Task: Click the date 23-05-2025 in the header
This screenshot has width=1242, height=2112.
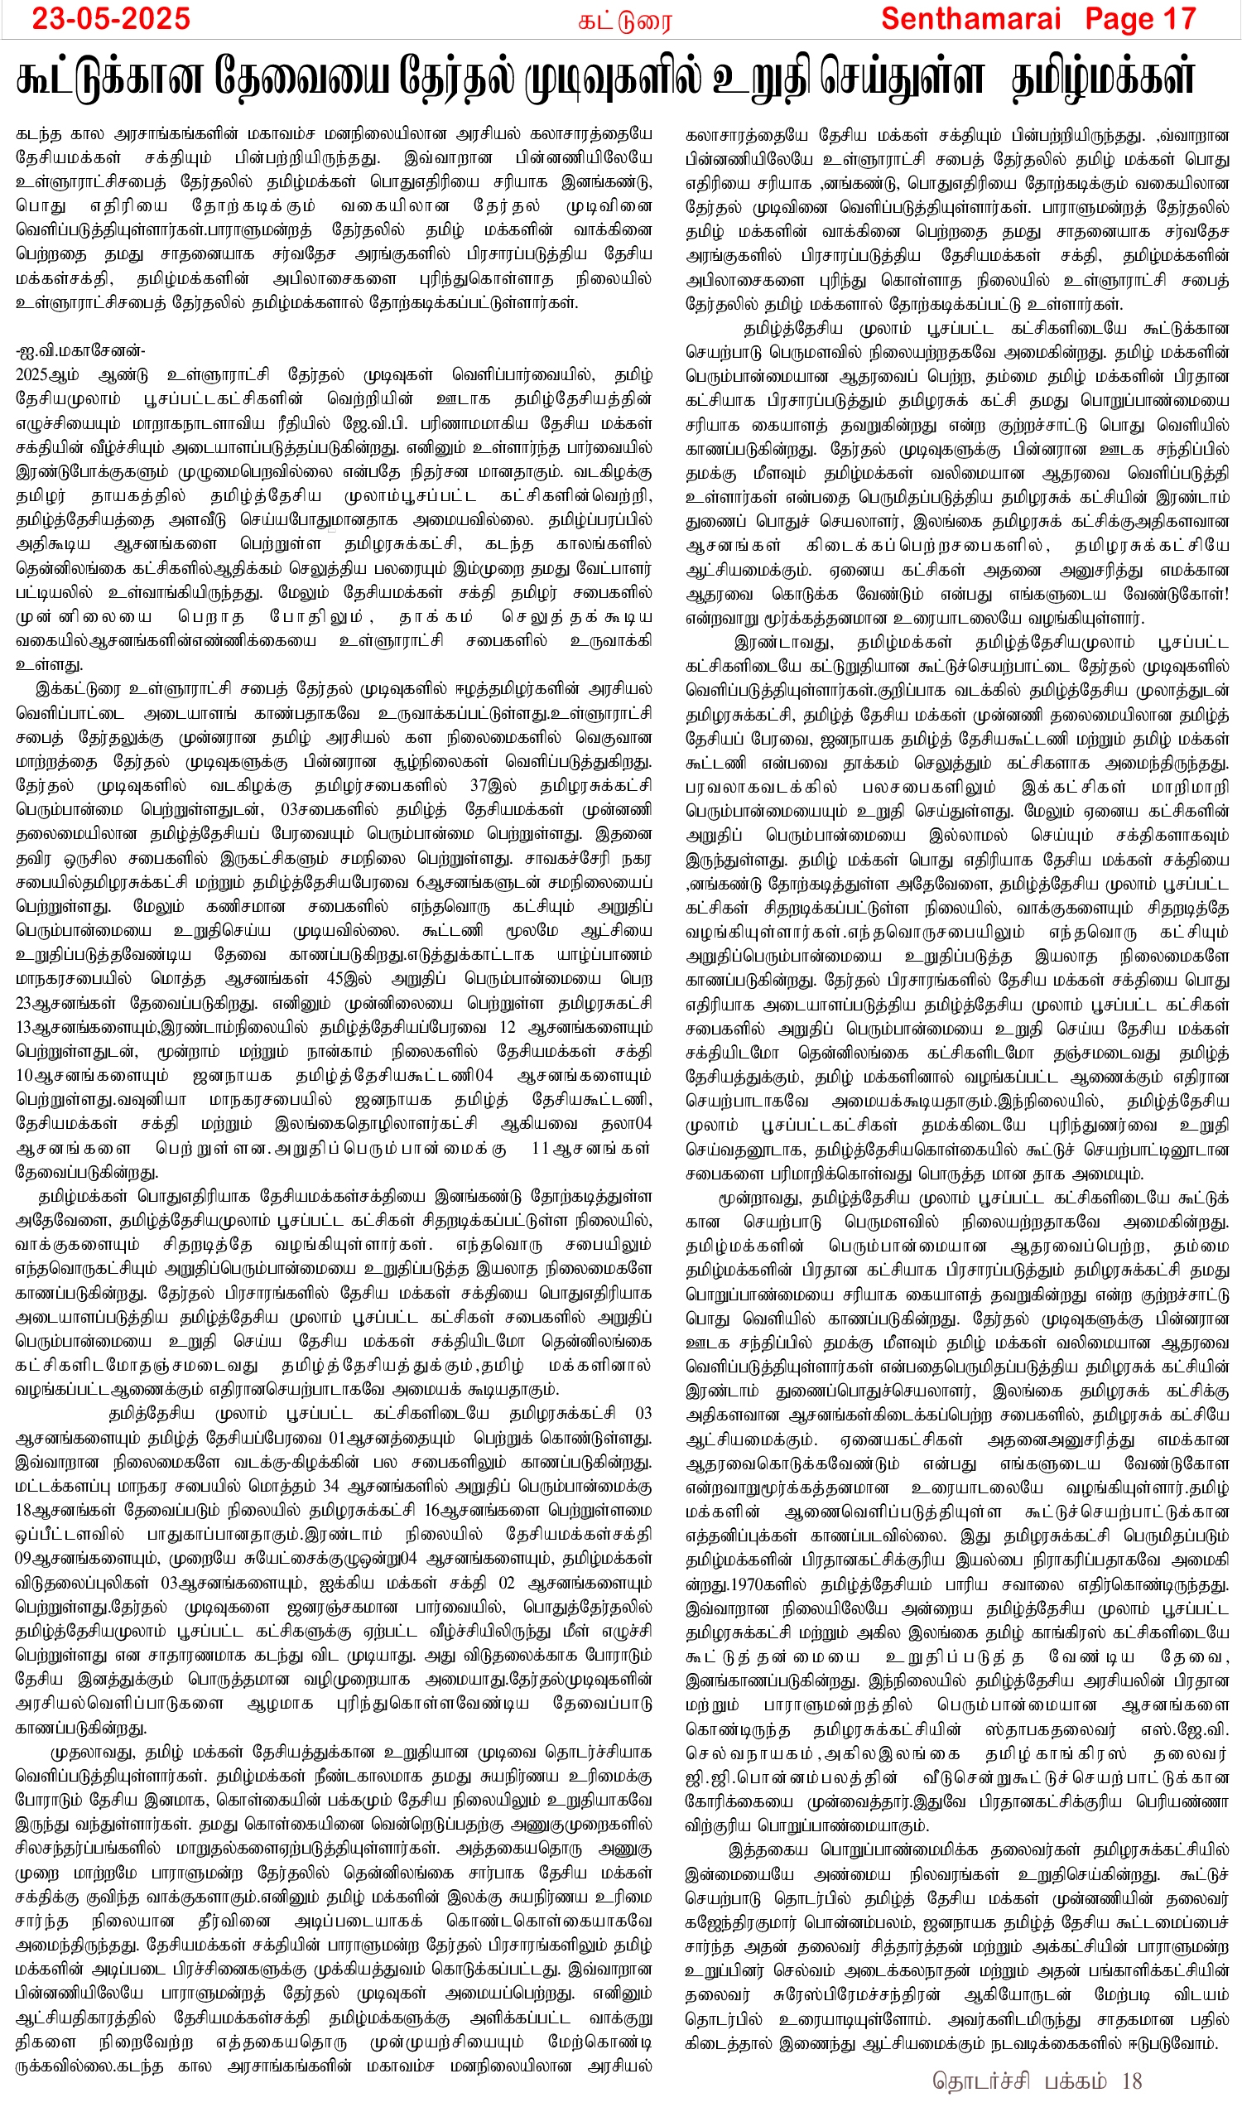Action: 111,18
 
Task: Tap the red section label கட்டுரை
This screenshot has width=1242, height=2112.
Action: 624,21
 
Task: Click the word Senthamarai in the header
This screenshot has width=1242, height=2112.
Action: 970,18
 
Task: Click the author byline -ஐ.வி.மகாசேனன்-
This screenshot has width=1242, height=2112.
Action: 79,350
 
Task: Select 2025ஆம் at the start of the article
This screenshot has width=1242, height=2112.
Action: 47,374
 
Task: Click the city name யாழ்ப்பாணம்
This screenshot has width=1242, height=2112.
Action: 604,955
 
